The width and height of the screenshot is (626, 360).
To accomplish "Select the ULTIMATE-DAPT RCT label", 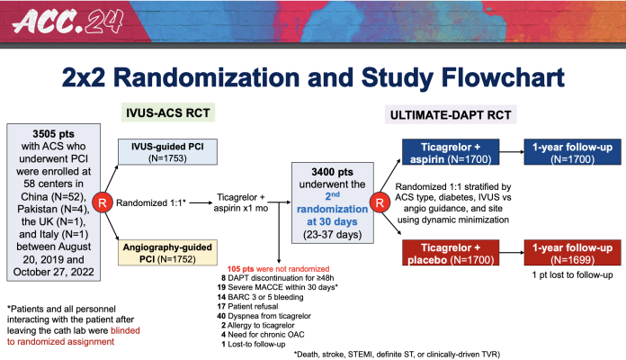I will coord(443,115).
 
